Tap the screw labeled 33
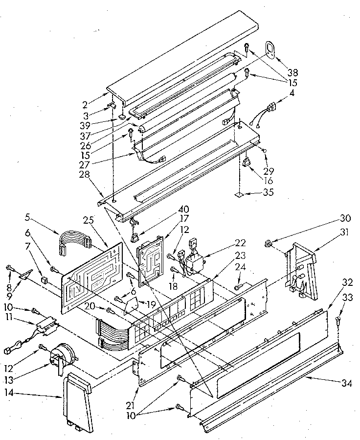coord(337,321)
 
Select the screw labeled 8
coord(9,267)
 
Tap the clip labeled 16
coord(247,161)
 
